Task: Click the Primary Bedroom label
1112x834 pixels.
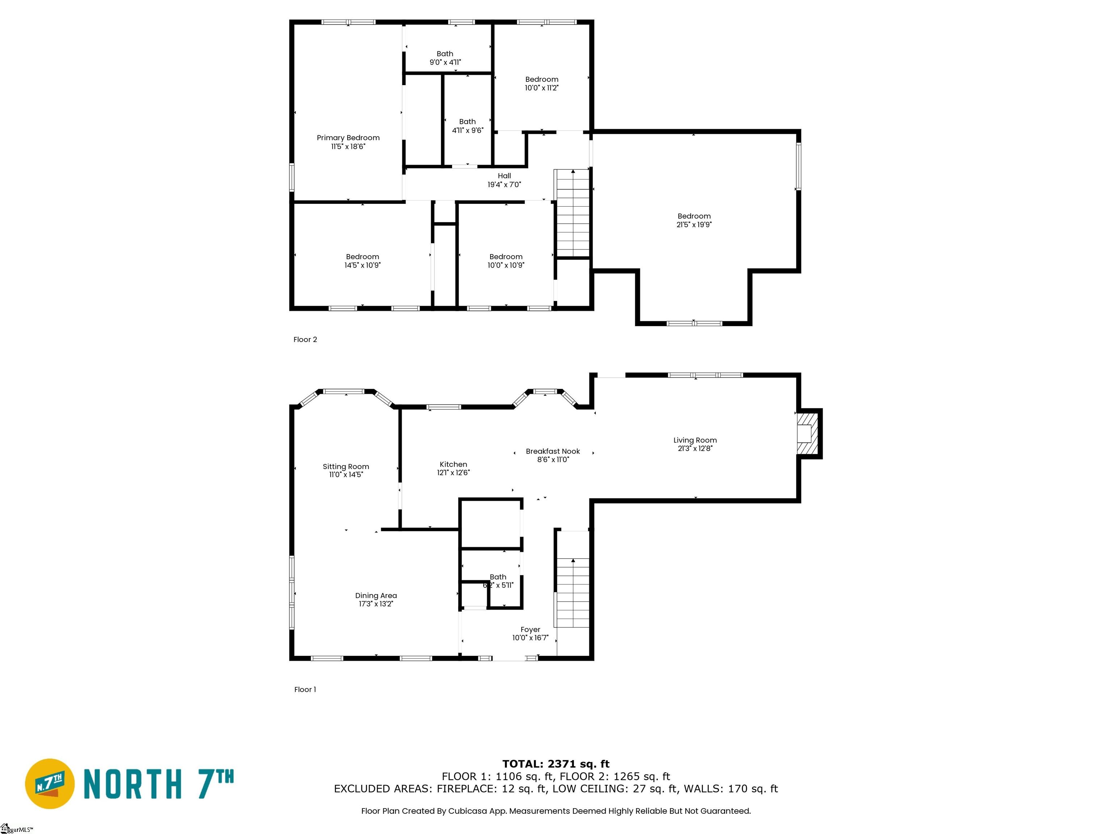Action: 348,138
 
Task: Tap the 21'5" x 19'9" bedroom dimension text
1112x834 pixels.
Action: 694,225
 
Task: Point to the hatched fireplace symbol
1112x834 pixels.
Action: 807,433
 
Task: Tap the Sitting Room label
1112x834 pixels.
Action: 345,467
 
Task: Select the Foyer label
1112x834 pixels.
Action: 530,630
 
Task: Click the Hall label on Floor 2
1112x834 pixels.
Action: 504,176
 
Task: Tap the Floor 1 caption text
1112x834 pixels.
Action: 305,690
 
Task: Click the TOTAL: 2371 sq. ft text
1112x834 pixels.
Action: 556,764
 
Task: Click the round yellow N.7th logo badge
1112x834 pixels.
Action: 50,783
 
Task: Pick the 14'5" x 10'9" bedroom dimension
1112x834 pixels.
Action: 362,265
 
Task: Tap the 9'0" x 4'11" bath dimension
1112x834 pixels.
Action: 445,62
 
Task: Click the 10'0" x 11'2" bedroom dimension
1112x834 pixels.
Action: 542,88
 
